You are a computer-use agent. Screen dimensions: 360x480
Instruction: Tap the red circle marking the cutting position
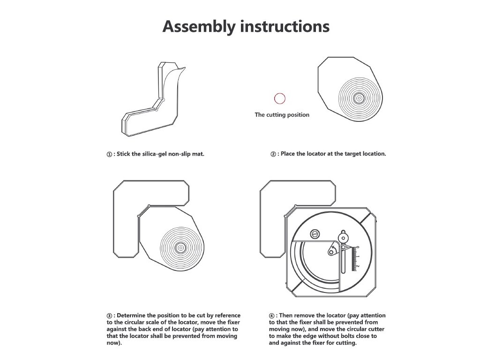click(x=279, y=98)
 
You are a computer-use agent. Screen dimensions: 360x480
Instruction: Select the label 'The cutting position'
click(x=282, y=114)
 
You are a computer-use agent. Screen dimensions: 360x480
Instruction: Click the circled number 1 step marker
click(x=109, y=154)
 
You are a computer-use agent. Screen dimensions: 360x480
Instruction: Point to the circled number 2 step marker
click(x=273, y=154)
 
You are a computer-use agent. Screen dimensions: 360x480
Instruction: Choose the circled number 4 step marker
click(x=272, y=316)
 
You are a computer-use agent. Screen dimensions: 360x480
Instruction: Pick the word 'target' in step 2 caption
click(x=347, y=154)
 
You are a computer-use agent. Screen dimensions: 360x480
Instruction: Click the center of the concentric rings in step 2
click(x=359, y=98)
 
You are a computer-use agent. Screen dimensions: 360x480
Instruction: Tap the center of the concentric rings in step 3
click(x=180, y=247)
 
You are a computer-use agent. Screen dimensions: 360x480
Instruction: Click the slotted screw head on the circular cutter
click(x=315, y=233)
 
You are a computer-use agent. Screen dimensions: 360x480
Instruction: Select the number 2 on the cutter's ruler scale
click(x=358, y=266)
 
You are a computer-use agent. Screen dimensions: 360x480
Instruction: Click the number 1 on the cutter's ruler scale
click(x=358, y=257)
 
